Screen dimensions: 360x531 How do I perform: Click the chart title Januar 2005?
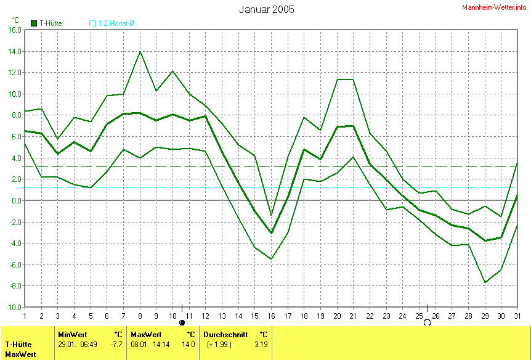266,9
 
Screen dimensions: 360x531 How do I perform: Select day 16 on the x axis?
271,315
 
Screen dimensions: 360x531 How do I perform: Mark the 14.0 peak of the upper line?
140,51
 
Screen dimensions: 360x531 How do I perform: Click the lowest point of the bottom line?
485,282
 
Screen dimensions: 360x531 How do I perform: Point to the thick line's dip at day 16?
271,233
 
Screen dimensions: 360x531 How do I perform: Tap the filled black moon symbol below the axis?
182,322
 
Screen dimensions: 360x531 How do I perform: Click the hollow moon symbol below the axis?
426,322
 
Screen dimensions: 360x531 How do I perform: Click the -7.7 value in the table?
115,344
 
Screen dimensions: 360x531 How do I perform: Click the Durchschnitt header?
225,334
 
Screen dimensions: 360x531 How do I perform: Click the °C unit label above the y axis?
16,20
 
